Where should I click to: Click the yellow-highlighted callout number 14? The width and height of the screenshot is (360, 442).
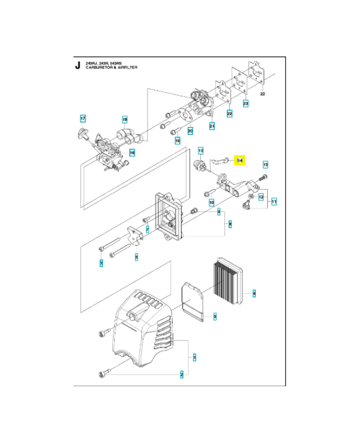point(240,160)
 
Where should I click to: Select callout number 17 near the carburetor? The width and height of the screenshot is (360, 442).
point(83,119)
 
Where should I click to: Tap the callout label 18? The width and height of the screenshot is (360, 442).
point(125,120)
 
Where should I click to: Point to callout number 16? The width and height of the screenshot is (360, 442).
point(132,152)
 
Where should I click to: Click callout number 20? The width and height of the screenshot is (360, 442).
point(190,131)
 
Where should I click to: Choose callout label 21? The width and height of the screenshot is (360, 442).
point(212,127)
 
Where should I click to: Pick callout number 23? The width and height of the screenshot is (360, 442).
point(246,103)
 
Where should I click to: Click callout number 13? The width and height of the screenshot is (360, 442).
point(265,165)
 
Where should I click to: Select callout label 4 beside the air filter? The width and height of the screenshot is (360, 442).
point(254,292)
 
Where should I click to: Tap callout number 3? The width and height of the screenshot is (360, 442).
point(215,317)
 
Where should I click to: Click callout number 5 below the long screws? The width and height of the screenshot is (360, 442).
point(101,263)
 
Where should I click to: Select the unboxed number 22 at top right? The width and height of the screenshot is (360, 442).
point(262,94)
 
